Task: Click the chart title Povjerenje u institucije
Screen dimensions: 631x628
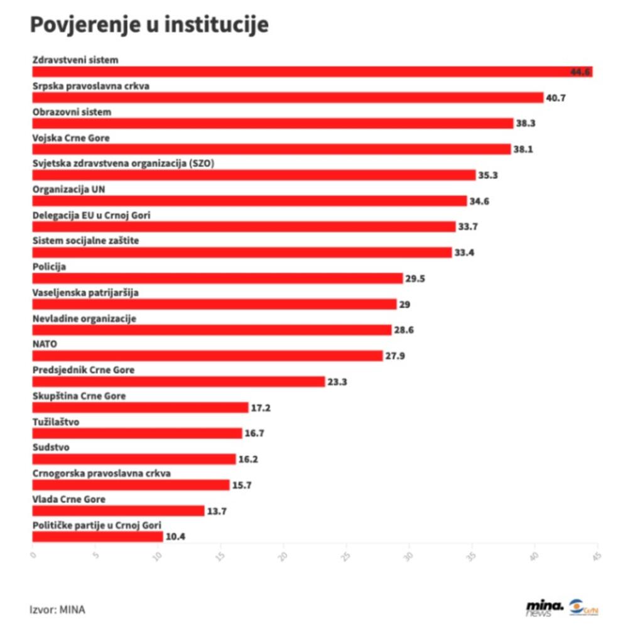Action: point(149,25)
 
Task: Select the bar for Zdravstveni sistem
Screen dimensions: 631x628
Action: point(312,72)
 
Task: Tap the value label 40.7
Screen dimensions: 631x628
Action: point(556,98)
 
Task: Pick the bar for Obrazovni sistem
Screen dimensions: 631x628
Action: point(273,124)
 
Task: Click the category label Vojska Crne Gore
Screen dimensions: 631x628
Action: point(66,138)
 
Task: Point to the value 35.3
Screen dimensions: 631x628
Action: point(488,175)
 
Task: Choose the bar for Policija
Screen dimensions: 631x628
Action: point(217,278)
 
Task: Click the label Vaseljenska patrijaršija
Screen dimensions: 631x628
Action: point(85,292)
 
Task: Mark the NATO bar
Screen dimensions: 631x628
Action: point(207,356)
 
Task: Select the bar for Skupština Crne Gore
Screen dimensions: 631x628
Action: point(140,407)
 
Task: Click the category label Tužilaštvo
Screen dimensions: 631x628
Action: point(55,421)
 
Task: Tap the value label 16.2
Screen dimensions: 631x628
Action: point(248,459)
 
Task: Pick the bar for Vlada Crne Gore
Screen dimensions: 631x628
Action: point(118,511)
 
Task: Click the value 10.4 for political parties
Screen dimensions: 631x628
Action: point(176,537)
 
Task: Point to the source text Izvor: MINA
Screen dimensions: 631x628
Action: point(57,609)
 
